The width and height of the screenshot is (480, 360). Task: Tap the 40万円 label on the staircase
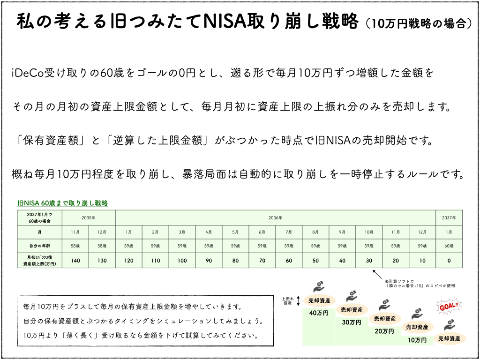tap(319, 313)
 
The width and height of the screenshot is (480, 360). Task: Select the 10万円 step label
tap(416, 339)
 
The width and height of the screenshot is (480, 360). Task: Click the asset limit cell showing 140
tap(75, 260)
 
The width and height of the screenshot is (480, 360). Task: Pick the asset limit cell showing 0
tap(449, 260)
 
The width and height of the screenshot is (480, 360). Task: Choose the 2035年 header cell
tap(89, 218)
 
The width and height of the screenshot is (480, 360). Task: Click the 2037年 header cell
tap(449, 218)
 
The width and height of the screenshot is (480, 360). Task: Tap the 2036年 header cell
tap(276, 218)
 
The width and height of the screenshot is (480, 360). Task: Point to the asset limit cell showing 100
tap(182, 260)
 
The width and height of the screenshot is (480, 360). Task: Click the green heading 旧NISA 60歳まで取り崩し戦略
tap(62, 203)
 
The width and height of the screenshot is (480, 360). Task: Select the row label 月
tap(39, 232)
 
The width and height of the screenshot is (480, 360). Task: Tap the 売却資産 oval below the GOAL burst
tap(449, 338)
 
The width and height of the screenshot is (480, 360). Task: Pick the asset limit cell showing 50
tap(315, 260)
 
